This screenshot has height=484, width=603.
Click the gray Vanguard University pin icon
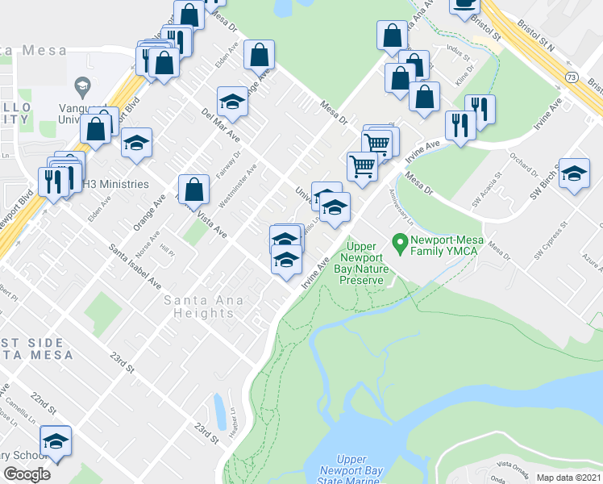[x=81, y=85]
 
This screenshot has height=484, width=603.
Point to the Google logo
[x=27, y=474]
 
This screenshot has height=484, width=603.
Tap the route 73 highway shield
[x=571, y=77]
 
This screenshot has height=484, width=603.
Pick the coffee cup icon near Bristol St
[x=464, y=6]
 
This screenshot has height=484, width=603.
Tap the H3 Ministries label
[x=115, y=184]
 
